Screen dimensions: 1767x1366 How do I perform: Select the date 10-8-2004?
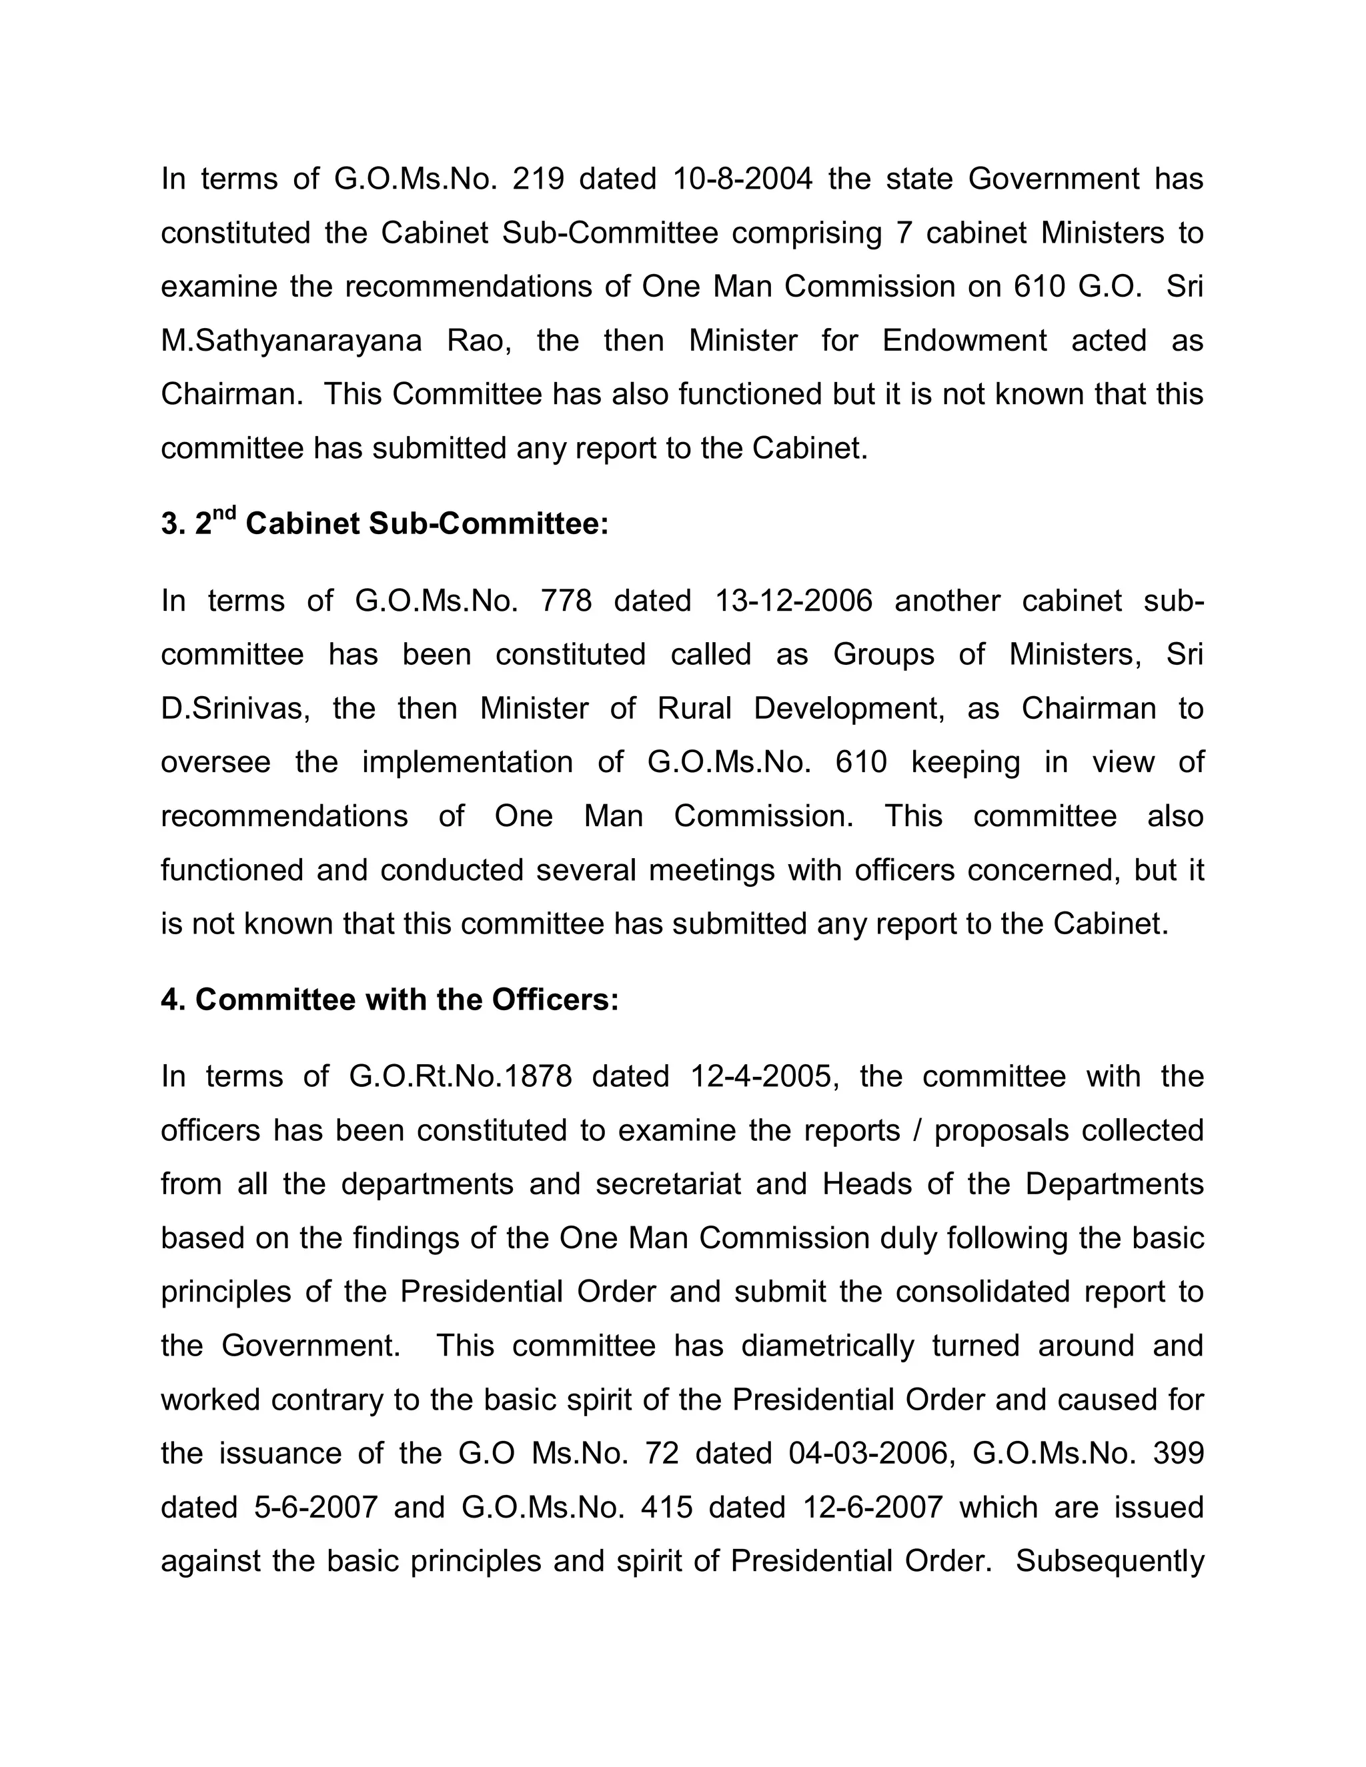pyautogui.click(x=741, y=179)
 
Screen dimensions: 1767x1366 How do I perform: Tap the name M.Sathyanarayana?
pyautogui.click(x=291, y=341)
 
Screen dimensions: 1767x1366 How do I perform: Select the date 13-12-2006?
pyautogui.click(x=794, y=601)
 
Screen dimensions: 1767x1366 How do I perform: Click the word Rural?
pyautogui.click(x=694, y=709)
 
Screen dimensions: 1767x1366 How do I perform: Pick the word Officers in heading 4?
pyautogui.click(x=554, y=1001)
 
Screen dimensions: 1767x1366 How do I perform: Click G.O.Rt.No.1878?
pyautogui.click(x=460, y=1077)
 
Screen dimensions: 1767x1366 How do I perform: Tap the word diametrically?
pyautogui.click(x=827, y=1346)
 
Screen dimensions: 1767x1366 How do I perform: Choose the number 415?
pyautogui.click(x=667, y=1508)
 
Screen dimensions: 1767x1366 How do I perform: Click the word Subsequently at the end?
pyautogui.click(x=1109, y=1562)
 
